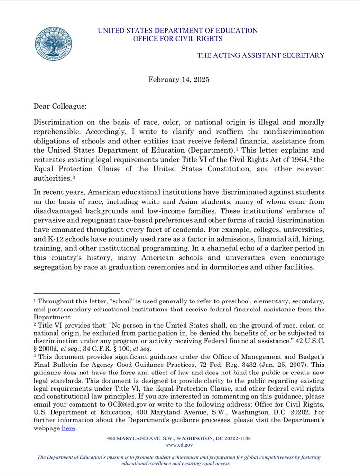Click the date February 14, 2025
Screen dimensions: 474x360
tap(179, 79)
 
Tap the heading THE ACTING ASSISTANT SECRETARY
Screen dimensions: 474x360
tap(261, 55)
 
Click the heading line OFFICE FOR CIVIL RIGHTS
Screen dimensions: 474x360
tap(177, 39)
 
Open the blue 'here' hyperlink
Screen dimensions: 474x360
tap(68, 428)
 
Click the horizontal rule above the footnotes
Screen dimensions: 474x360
tap(76, 293)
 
